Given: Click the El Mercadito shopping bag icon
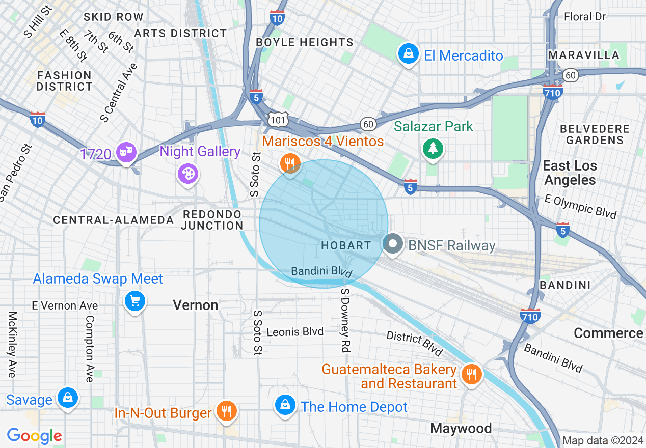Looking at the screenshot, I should pos(408,54).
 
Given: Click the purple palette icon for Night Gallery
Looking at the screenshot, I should pos(187,174).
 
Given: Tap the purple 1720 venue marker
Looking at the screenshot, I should pos(126,152).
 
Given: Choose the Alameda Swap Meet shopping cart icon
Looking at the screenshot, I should pos(134,301).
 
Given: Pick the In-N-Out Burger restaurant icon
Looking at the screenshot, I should pos(226,410).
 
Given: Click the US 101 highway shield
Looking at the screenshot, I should pos(280,119).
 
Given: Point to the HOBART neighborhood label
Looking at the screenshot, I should pos(346,245).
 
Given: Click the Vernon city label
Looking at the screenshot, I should pos(196,305).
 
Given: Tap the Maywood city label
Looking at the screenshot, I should pos(461,428).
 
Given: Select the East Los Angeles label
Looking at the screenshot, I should pos(569,173).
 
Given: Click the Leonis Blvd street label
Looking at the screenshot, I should pos(295,332).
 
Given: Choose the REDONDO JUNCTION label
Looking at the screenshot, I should pos(212,219).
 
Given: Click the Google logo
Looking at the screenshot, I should pos(35,436).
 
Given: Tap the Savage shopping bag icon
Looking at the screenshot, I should pos(68,399).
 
